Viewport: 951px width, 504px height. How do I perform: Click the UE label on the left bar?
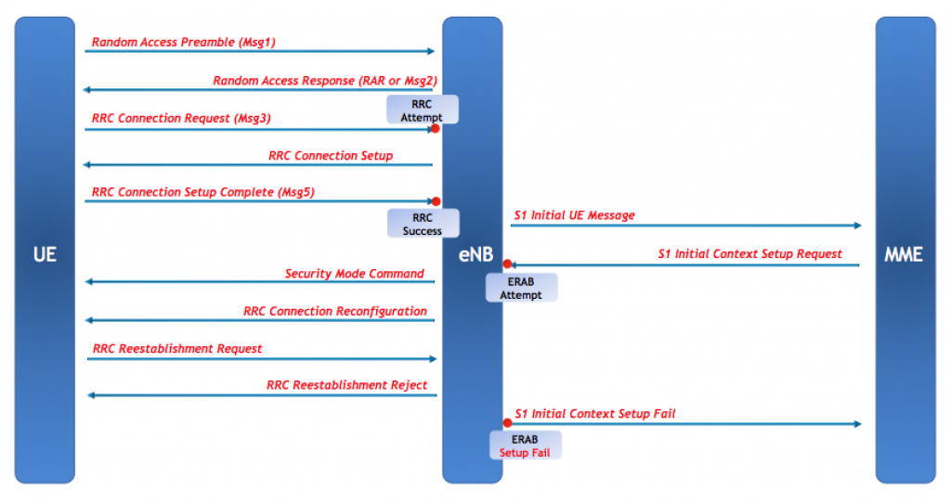45,253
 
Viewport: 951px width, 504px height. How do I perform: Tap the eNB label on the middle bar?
473,253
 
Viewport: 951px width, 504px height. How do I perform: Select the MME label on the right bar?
905,253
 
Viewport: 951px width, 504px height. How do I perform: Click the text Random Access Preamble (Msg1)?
184,42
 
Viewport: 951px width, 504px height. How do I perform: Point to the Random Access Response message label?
324,81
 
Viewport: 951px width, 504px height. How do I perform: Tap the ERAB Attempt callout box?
520,288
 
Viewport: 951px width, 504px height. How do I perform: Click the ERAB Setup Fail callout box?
525,446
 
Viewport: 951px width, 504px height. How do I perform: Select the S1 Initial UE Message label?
574,215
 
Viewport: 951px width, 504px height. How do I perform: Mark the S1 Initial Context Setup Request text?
749,253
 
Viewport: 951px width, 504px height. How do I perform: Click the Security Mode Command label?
354,274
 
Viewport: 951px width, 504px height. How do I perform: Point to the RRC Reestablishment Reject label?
346,385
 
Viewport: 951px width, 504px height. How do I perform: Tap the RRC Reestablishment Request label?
177,349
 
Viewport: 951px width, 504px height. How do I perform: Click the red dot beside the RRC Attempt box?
435,129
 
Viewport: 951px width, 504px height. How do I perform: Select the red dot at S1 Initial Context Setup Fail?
507,423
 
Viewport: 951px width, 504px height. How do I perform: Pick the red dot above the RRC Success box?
435,201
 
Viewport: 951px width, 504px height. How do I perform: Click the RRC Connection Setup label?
331,156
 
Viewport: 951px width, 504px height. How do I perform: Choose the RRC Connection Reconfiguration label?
335,312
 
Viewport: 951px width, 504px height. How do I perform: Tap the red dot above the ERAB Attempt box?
507,265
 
